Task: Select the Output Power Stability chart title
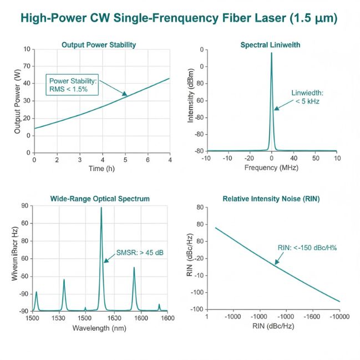pos(99,44)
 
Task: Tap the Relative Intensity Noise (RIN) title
pos(271,198)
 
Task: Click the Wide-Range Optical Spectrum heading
pos(100,198)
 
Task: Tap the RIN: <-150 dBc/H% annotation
pos(307,248)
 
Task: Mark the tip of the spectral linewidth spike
pos(271,53)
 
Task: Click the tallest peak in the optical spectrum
pos(101,209)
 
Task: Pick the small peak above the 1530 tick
pos(64,280)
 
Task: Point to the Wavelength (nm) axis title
pos(100,327)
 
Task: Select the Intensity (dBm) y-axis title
pos(191,100)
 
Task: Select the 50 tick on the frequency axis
pos(315,158)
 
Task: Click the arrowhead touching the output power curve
pos(125,94)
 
